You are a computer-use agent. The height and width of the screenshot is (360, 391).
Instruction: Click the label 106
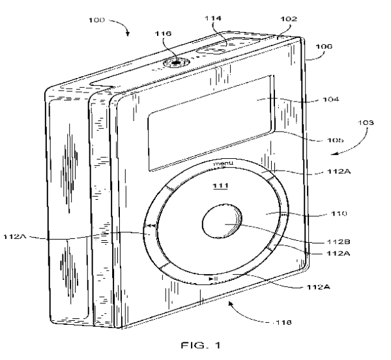(x=325, y=47)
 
